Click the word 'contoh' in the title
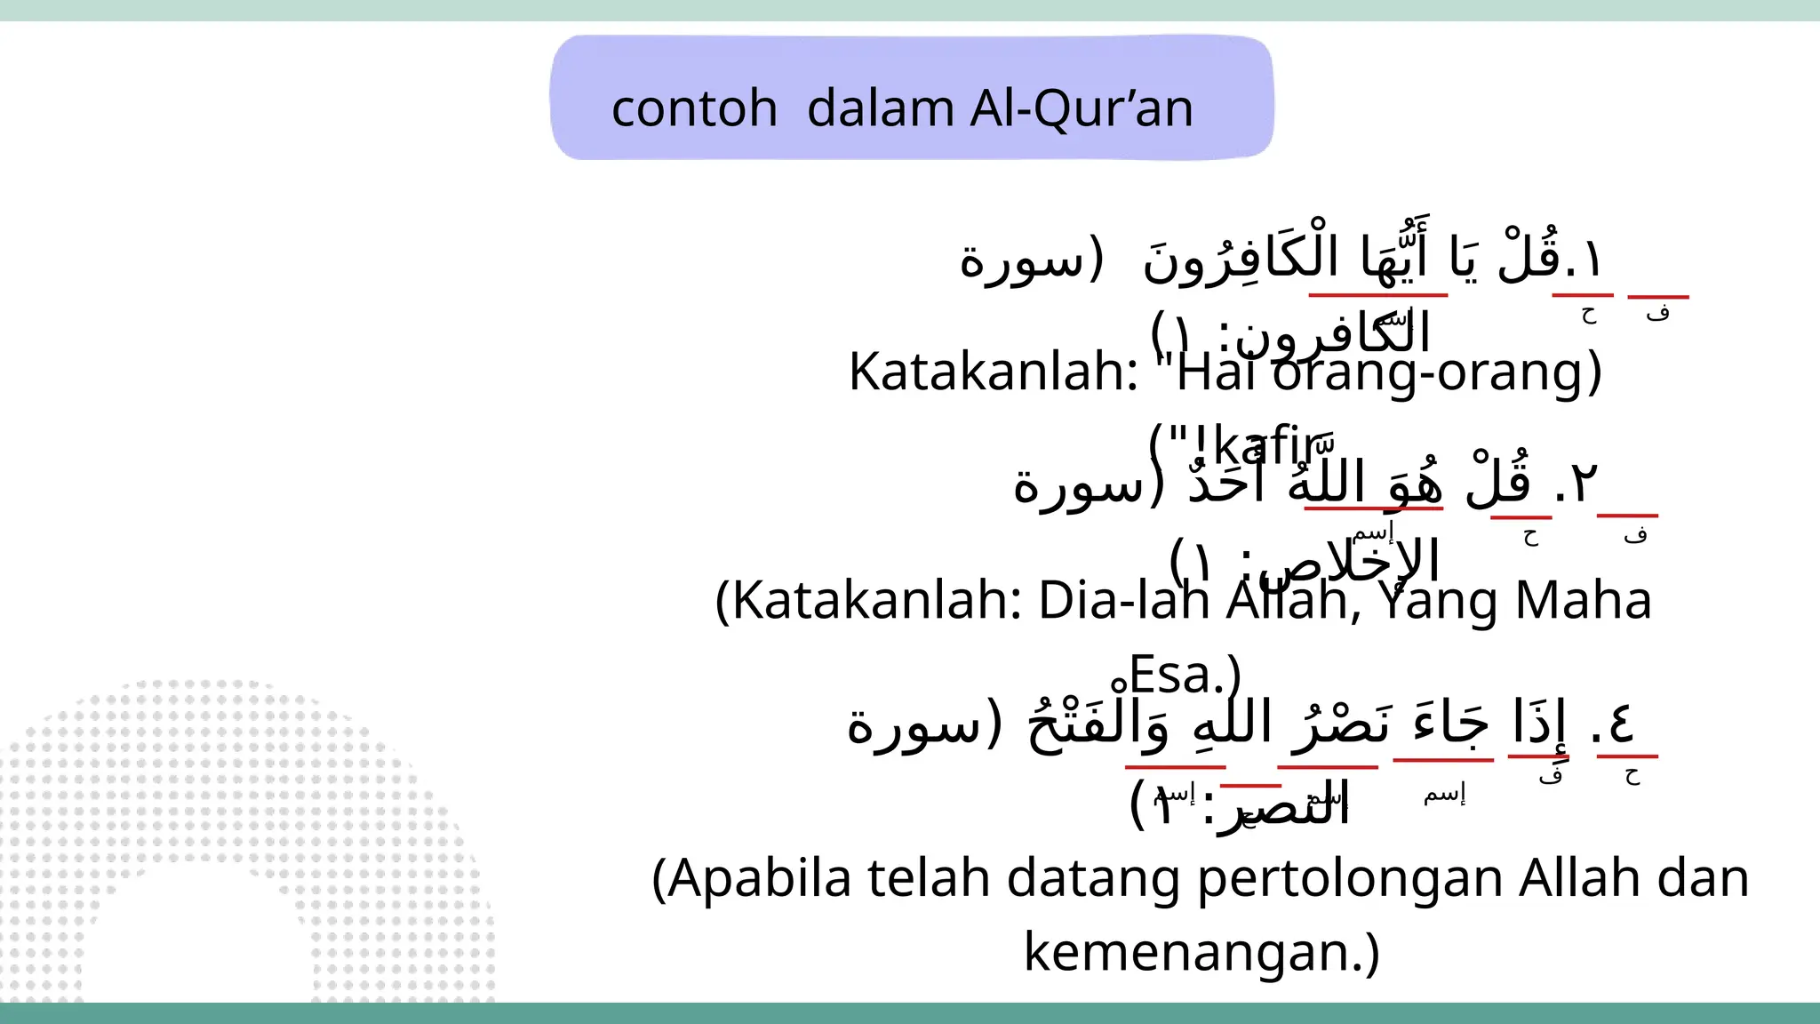[x=694, y=109]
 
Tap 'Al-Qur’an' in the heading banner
[x=1082, y=109]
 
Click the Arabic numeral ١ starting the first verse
[x=1590, y=260]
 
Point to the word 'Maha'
[x=1583, y=601]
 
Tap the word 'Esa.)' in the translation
[x=1185, y=676]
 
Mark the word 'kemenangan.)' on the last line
[x=1201, y=952]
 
